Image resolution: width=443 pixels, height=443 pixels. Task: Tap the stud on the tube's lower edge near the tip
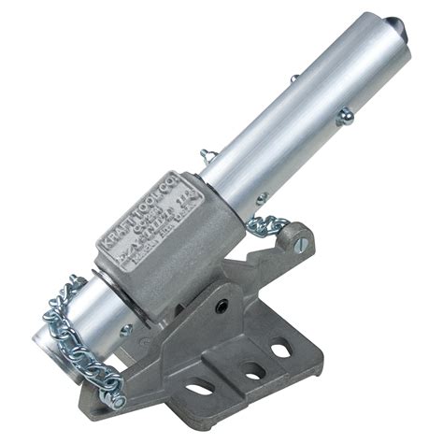coord(345,116)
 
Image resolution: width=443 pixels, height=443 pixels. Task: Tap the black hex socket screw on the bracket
coord(221,305)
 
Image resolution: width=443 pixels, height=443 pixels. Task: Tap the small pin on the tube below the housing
coord(125,328)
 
